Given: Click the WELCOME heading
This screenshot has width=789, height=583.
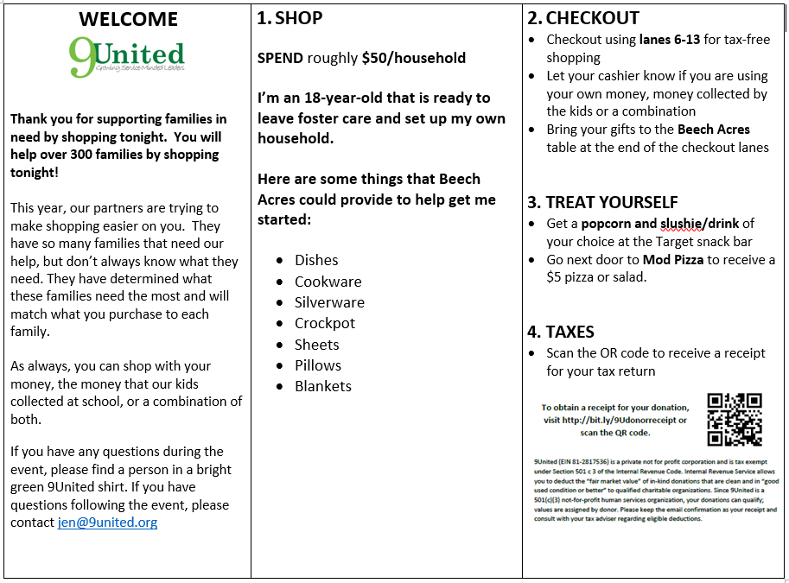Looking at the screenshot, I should pos(128,19).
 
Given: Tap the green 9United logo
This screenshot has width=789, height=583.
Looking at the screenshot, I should pos(127,57).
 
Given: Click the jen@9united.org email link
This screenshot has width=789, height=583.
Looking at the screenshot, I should pos(107,523).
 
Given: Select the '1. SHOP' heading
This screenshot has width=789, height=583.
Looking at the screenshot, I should pos(290,17).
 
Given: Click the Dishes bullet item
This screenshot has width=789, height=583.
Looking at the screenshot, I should pos(316,260).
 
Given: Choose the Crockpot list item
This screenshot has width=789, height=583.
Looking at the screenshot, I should pos(325,323).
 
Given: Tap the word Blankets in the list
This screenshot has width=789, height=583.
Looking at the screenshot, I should pos(323,386).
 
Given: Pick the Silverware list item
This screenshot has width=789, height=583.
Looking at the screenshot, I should pos(329,302).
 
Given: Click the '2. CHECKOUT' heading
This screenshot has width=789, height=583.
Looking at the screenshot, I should pos(583,17).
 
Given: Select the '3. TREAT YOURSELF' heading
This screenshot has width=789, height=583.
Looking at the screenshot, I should pos(602,202).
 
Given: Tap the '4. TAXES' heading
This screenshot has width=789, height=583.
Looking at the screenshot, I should pos(561,332).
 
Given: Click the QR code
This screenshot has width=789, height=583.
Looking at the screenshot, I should pos(734,420).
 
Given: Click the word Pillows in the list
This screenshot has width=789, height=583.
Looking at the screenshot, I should pos(318,365).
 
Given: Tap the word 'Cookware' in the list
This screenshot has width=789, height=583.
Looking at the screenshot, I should pos(328,282).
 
